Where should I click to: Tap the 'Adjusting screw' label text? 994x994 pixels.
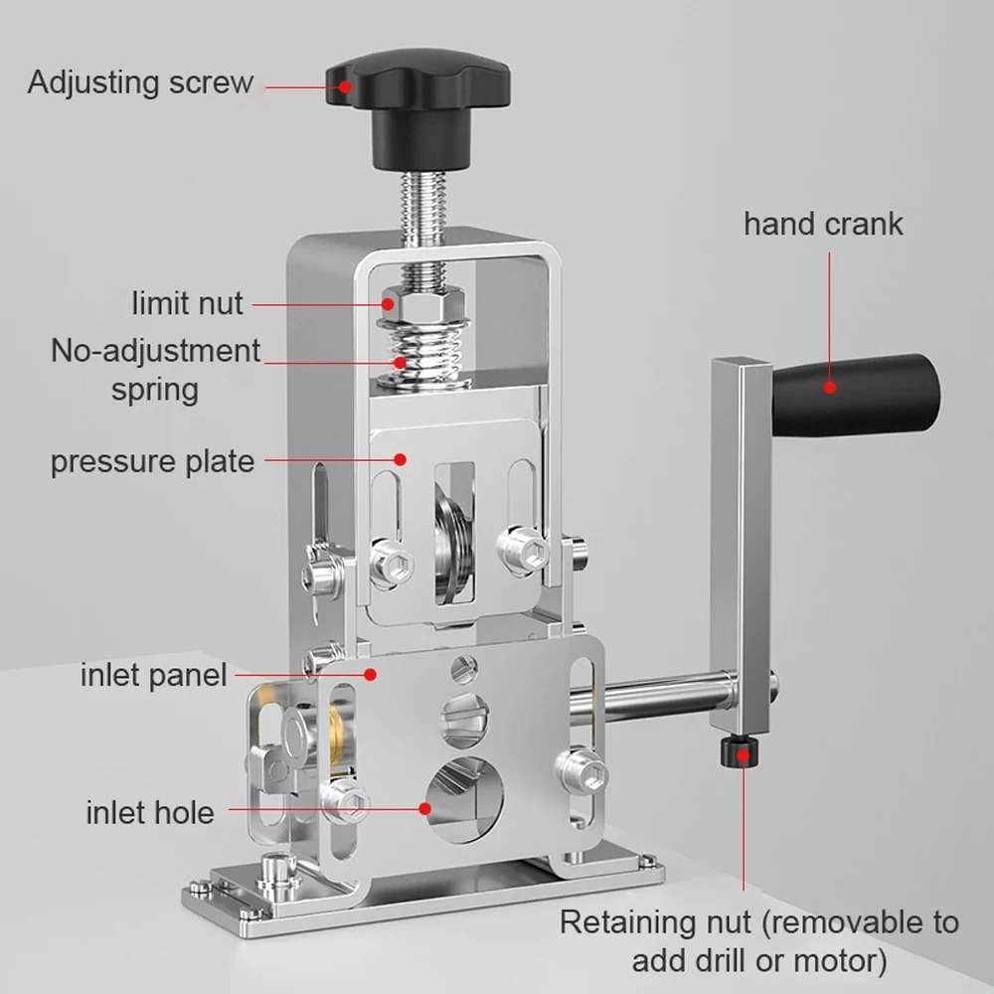141,82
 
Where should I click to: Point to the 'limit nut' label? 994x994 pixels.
188,302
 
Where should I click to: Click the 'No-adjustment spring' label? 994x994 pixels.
156,369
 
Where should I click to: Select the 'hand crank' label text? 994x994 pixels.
823,223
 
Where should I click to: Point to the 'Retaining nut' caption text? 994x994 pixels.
759,940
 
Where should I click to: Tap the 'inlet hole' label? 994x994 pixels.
150,812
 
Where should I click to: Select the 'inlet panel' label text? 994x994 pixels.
154,677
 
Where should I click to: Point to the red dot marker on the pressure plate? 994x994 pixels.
402,458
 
